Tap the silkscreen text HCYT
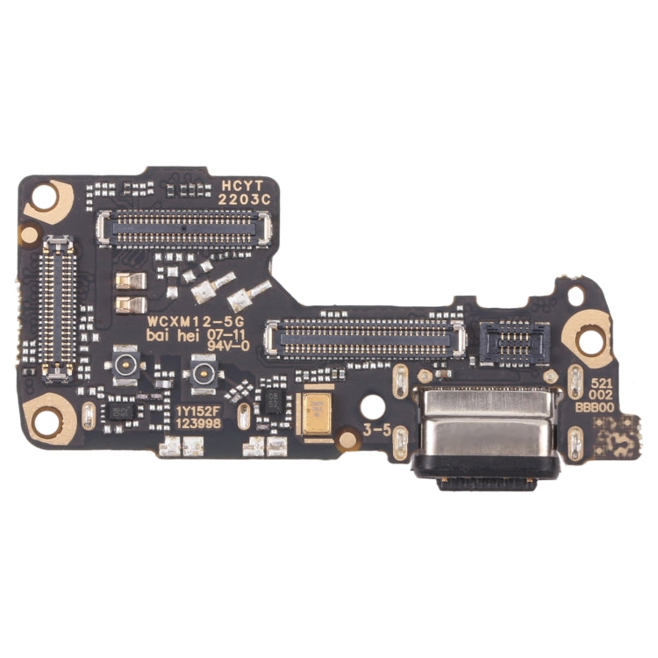point(242,186)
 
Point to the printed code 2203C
point(243,199)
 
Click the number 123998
point(197,423)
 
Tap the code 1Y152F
point(197,410)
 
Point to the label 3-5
point(375,431)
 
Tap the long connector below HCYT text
point(183,228)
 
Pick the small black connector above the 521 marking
point(515,341)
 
